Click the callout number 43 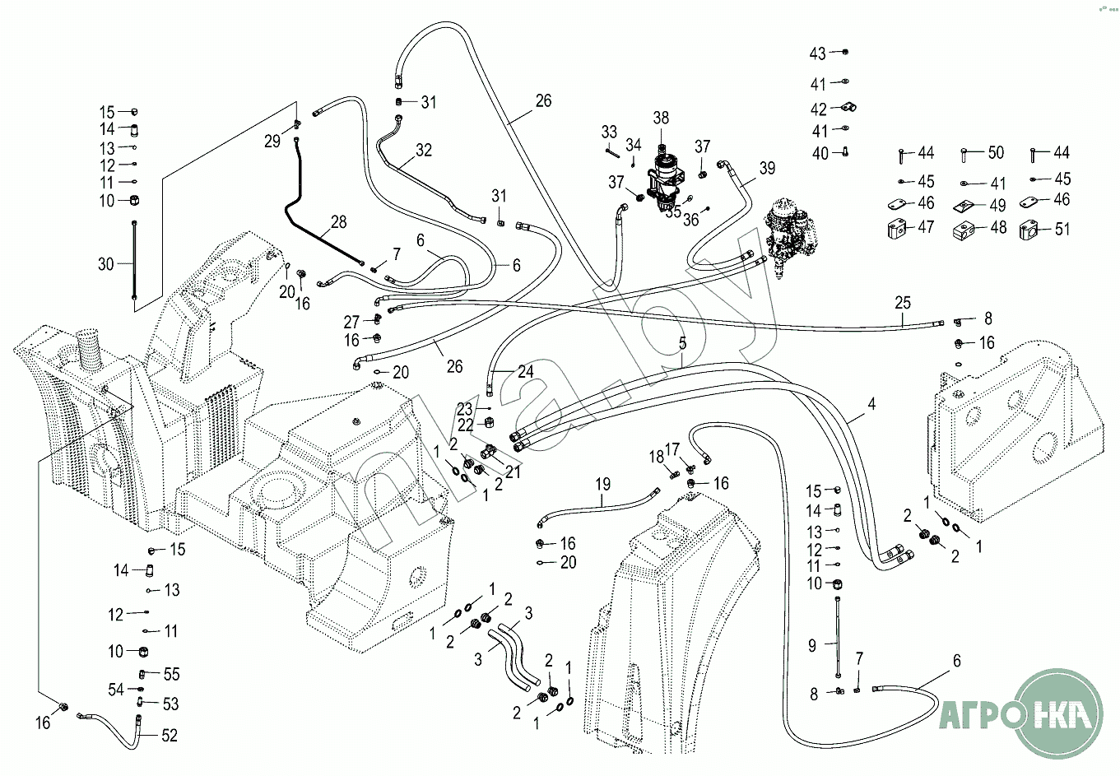click(817, 53)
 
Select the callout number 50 click(996, 152)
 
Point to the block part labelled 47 click(897, 229)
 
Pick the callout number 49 click(998, 205)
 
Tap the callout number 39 click(767, 168)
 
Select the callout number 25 click(903, 303)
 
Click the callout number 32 click(424, 150)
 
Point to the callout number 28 click(339, 221)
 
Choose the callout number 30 click(106, 264)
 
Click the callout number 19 click(602, 484)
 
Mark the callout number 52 click(169, 735)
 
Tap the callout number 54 click(115, 689)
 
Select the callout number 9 click(812, 646)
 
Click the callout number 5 click(682, 342)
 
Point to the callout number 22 click(465, 425)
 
